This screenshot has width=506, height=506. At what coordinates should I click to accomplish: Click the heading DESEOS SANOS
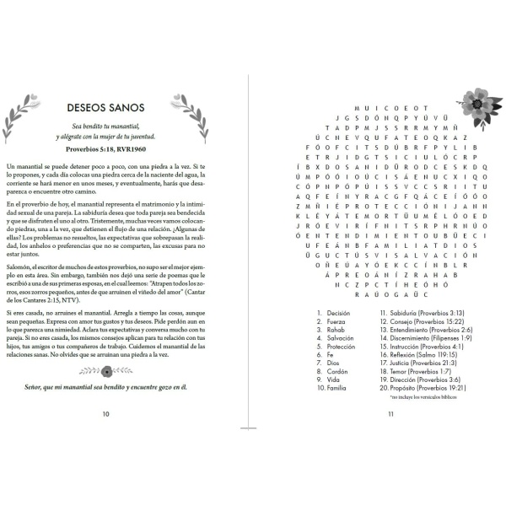pos(105,108)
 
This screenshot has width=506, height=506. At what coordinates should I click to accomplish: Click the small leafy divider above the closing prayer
pos(105,369)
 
